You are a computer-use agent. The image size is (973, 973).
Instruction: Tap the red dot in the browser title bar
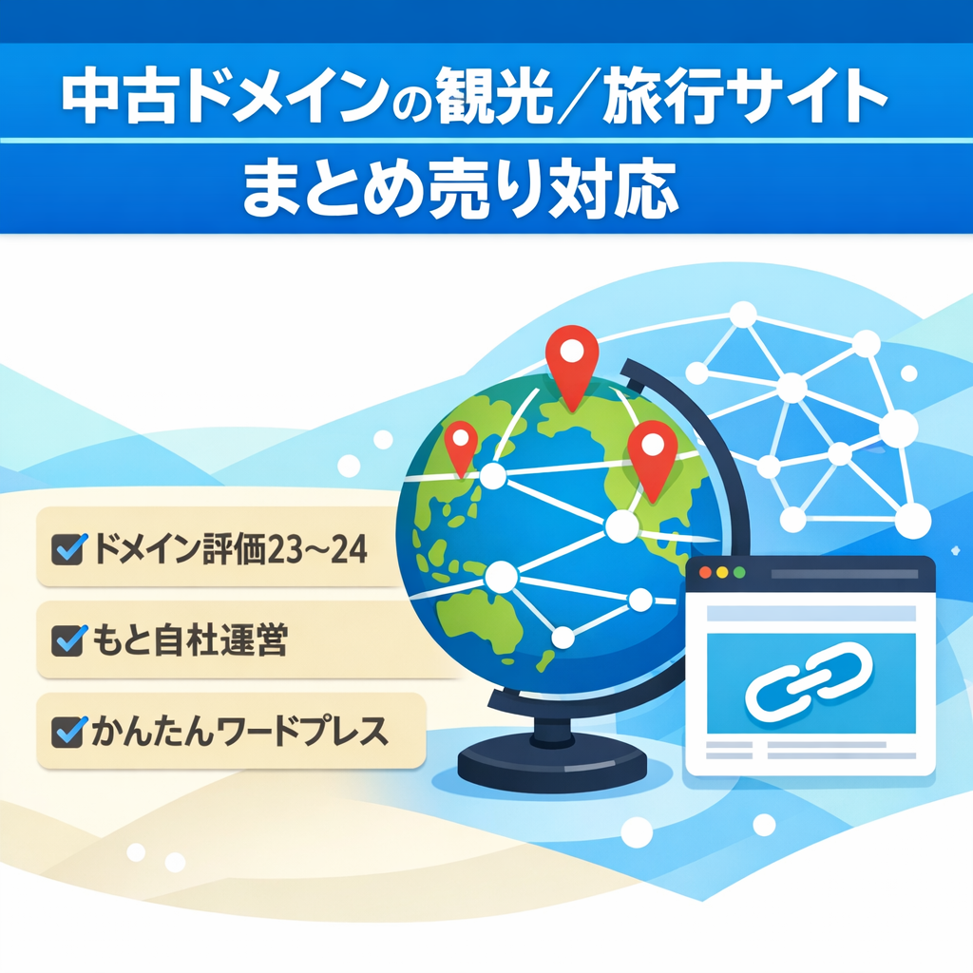(705, 574)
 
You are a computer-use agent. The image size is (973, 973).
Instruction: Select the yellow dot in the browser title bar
(721, 574)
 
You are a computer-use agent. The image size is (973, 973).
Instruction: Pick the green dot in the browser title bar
(737, 574)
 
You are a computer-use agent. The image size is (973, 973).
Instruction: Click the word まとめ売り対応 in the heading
(460, 186)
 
